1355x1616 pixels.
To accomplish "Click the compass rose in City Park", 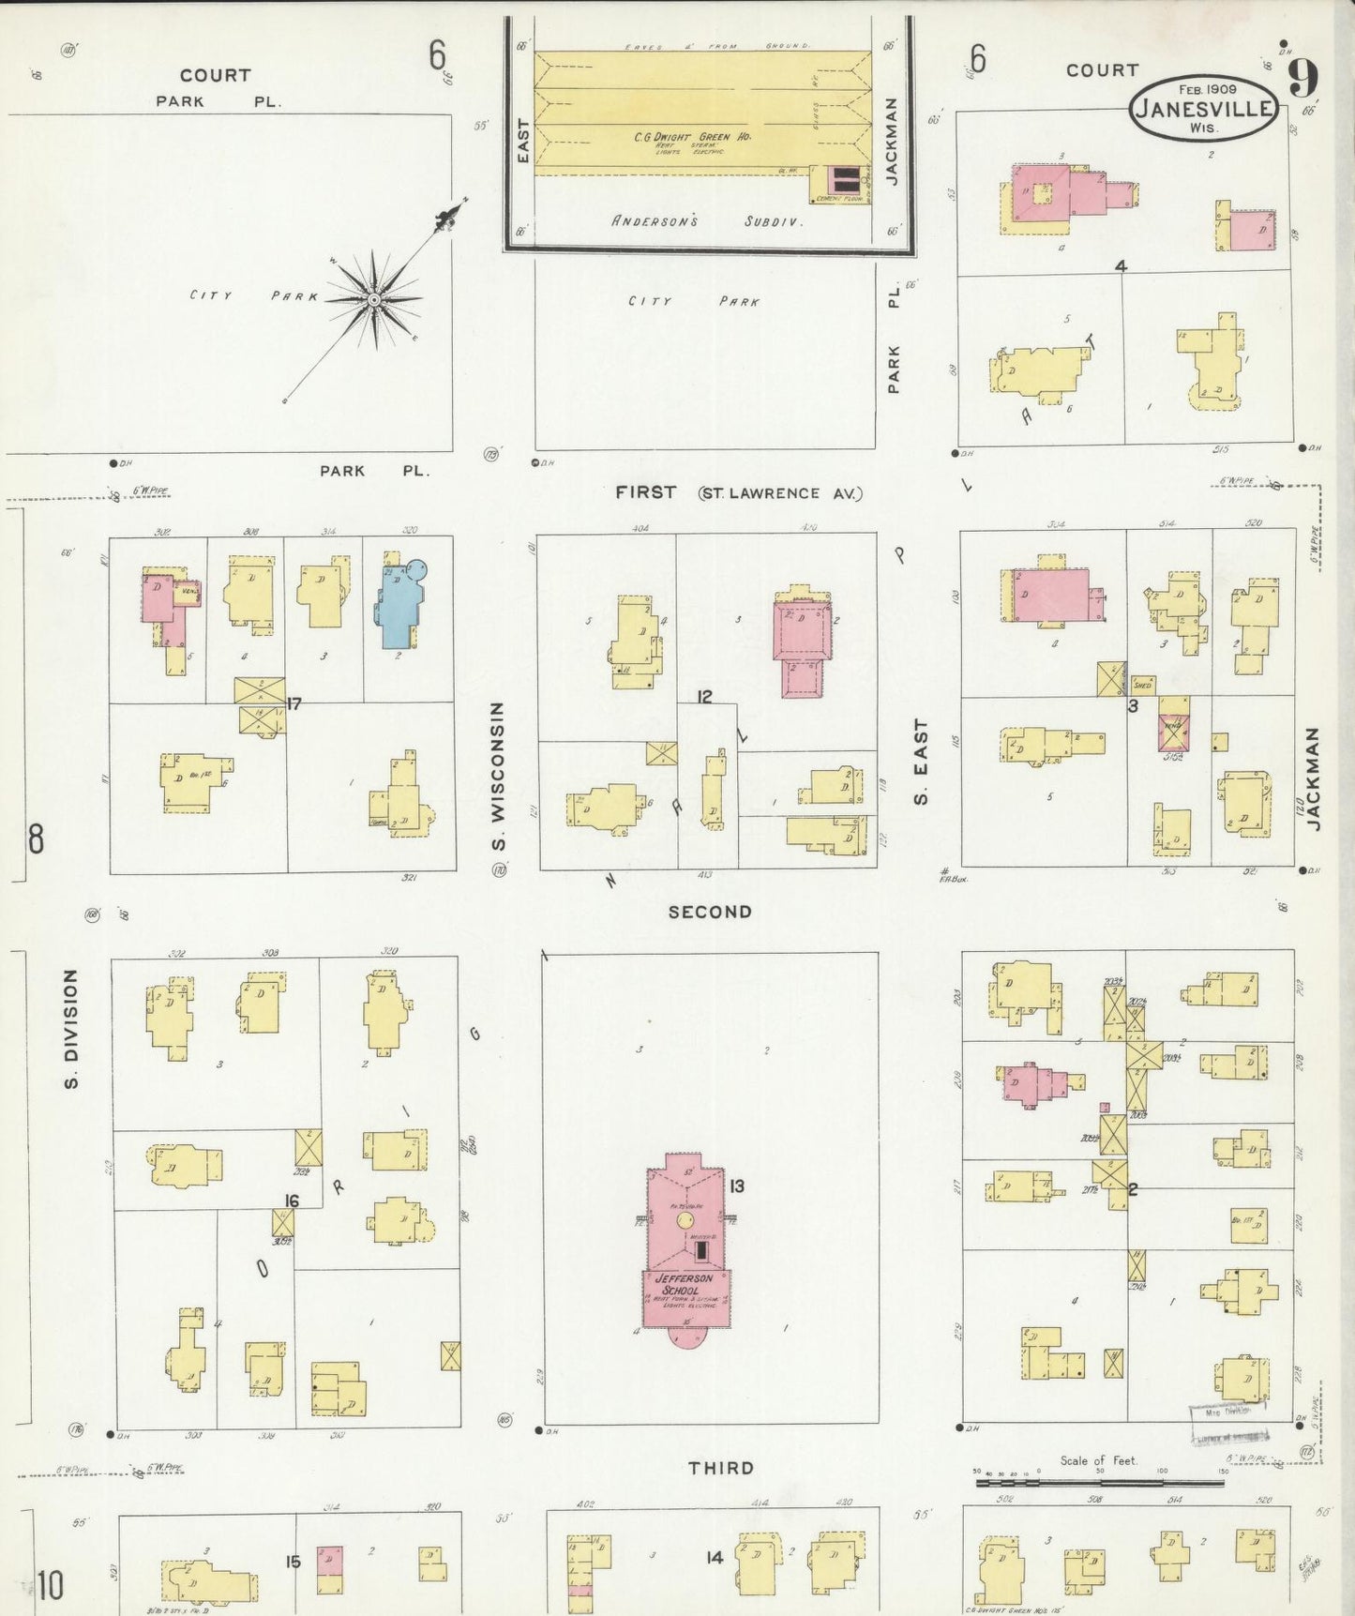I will pyautogui.click(x=375, y=299).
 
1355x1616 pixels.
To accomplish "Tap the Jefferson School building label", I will pyautogui.click(x=684, y=1284).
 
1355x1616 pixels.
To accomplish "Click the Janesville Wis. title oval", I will pyautogui.click(x=1203, y=108).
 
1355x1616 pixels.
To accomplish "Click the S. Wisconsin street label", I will pyautogui.click(x=498, y=777).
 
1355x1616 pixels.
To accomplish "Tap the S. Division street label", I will pyautogui.click(x=71, y=1029).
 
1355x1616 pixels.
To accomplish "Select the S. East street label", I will pyautogui.click(x=921, y=762).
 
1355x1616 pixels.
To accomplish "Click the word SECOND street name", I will pyautogui.click(x=710, y=912).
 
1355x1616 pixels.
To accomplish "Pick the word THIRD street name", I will pyautogui.click(x=721, y=1468).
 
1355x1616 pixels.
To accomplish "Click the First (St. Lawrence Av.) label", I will pyautogui.click(x=738, y=492).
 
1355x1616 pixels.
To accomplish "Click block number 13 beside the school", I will pyautogui.click(x=736, y=1186).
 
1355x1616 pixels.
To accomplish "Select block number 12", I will pyautogui.click(x=704, y=696).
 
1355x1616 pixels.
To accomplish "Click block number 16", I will pyautogui.click(x=292, y=1201).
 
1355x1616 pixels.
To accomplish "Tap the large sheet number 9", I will pyautogui.click(x=1303, y=78).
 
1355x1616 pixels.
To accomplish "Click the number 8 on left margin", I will pyautogui.click(x=36, y=838).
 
